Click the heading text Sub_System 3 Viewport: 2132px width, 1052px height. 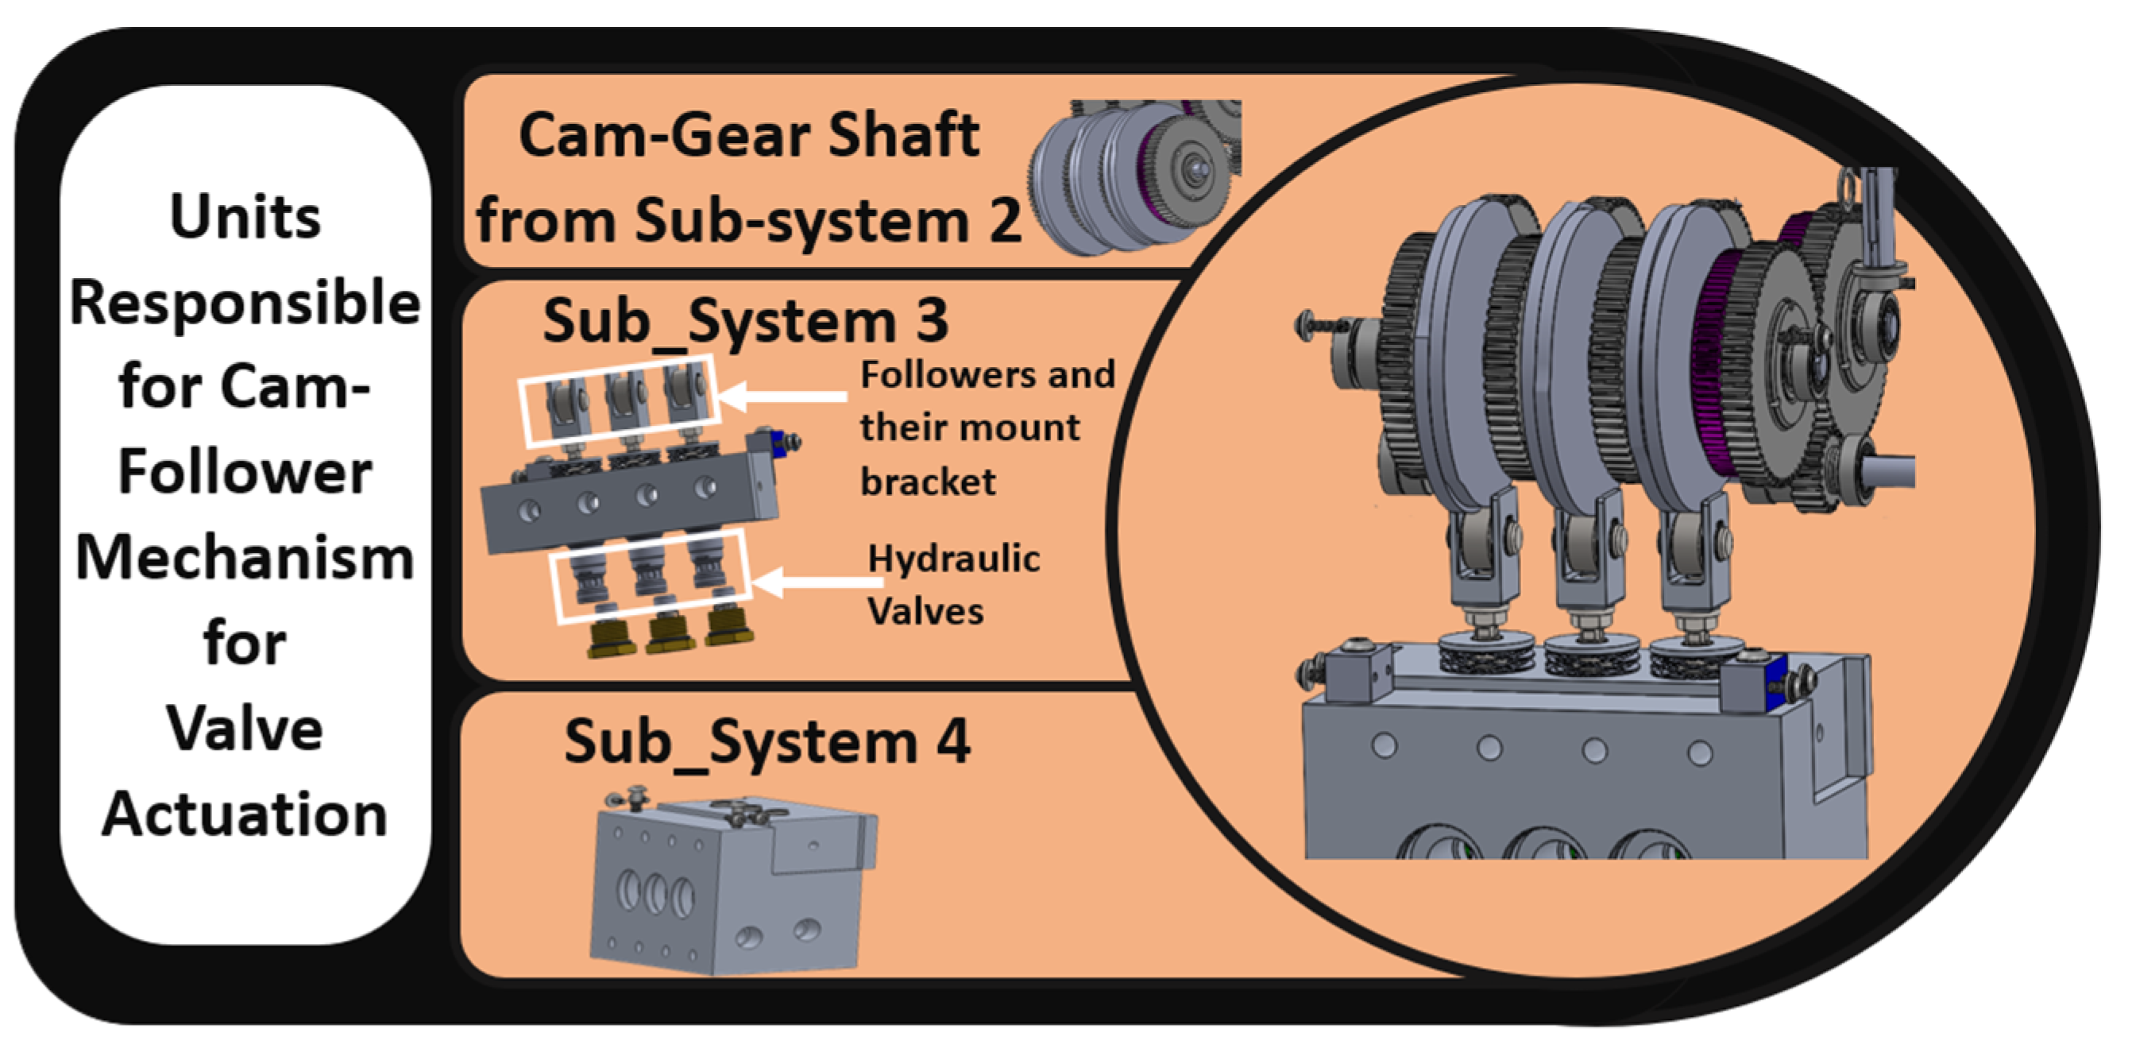click(745, 321)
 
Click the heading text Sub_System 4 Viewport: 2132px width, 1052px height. click(767, 741)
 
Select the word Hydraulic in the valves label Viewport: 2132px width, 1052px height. click(953, 559)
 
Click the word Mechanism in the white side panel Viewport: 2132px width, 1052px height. click(245, 558)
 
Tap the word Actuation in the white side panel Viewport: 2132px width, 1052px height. click(245, 814)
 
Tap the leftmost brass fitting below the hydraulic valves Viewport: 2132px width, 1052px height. click(611, 639)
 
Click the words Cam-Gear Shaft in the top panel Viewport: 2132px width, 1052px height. click(749, 136)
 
